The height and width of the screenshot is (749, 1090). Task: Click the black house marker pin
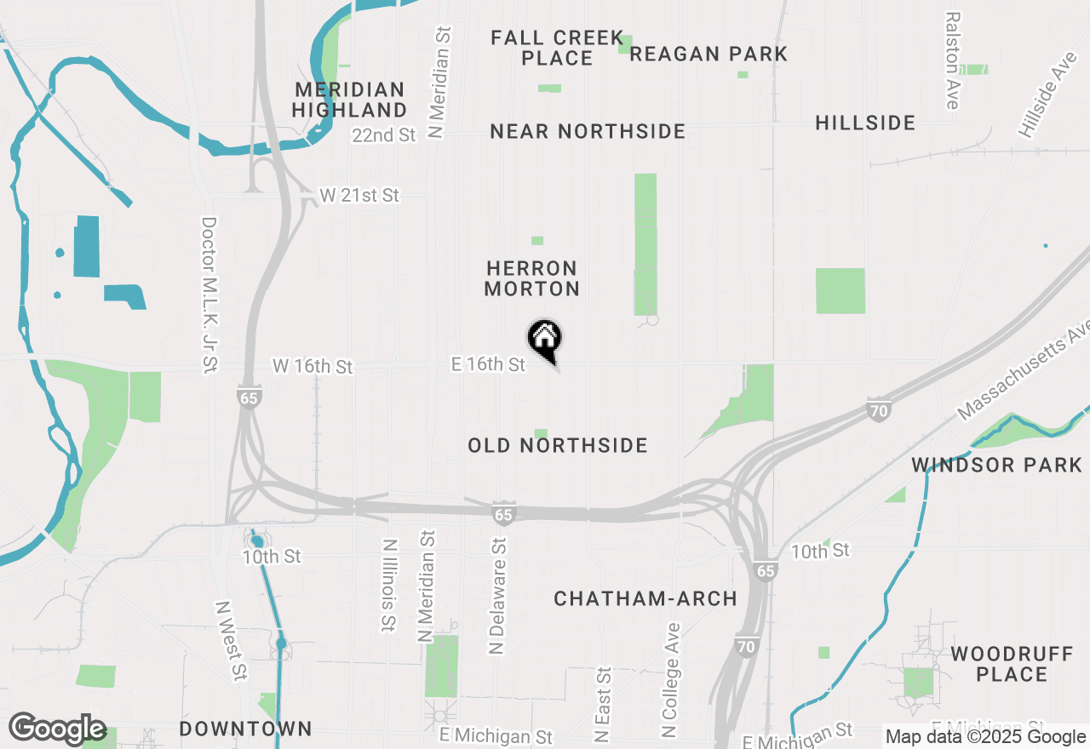(545, 339)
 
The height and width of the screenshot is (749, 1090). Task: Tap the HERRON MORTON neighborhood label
(532, 279)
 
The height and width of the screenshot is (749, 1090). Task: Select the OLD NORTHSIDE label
(558, 445)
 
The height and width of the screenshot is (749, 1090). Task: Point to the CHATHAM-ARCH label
(645, 598)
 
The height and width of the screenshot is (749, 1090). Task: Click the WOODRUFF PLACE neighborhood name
(1012, 664)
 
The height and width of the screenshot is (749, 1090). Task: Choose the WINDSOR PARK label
(996, 465)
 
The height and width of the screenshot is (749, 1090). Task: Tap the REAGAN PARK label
(708, 54)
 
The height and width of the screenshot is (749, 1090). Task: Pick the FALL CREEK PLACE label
(558, 48)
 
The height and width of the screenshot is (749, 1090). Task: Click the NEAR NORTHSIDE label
(588, 131)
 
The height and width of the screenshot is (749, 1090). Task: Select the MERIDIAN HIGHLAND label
(349, 100)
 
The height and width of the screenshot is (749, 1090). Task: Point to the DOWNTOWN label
(246, 729)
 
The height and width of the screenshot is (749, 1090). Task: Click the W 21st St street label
(359, 196)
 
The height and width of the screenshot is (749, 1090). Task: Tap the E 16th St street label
(488, 364)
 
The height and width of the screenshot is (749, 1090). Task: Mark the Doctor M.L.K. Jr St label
(209, 294)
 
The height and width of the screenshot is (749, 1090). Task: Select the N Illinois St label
(388, 585)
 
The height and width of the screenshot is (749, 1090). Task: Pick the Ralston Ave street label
(952, 60)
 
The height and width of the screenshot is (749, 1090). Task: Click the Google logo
(57, 729)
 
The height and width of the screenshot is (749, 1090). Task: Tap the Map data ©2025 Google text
(985, 737)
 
